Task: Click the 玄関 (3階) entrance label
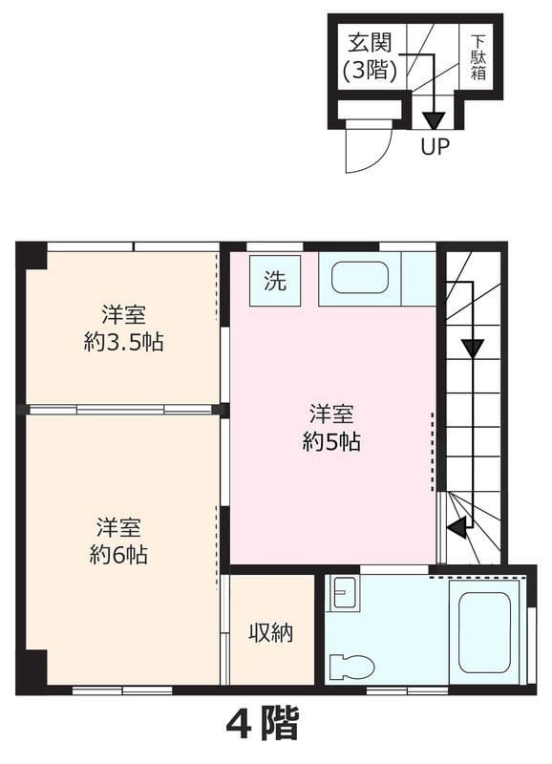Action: (370, 57)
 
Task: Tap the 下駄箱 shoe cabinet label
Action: (478, 57)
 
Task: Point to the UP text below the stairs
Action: (435, 146)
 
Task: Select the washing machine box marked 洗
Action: (275, 281)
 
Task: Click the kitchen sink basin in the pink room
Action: (360, 278)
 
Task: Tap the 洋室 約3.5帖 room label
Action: (123, 329)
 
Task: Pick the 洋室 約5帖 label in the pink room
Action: (331, 427)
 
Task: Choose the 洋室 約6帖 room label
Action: (118, 541)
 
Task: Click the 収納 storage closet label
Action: (271, 632)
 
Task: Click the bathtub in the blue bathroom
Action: (485, 632)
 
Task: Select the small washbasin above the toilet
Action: (345, 593)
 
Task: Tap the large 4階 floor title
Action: (262, 723)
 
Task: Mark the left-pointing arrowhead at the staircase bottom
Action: (457, 526)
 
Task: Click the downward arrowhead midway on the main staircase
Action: (473, 349)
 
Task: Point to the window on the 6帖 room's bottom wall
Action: (122, 690)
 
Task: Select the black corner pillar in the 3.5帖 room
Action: (32, 255)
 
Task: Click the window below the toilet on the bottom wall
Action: (407, 690)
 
